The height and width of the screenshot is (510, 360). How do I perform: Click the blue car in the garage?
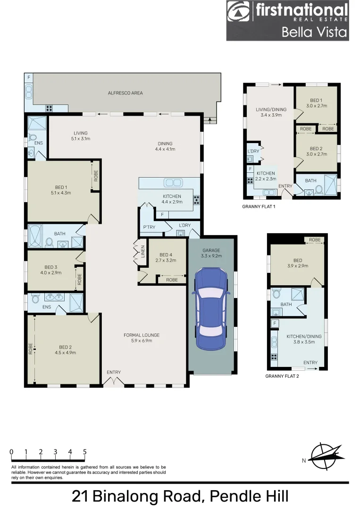(211, 309)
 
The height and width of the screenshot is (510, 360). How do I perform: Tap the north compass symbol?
(324, 457)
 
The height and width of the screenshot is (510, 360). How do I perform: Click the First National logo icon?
(240, 12)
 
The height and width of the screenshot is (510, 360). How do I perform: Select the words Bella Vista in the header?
(314, 32)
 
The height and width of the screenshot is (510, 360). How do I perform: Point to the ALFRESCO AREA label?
(125, 93)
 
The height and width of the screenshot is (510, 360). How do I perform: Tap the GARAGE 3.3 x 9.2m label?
(211, 254)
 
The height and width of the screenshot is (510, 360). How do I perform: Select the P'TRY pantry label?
(149, 228)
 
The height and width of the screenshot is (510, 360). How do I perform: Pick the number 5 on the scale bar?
(84, 452)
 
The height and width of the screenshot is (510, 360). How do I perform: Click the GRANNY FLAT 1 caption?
(258, 207)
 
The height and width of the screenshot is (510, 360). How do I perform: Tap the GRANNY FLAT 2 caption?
(282, 376)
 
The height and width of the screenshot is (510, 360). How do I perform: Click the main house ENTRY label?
(114, 372)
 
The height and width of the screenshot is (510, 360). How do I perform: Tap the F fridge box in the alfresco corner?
(28, 77)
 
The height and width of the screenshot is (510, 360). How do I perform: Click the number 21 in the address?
(81, 496)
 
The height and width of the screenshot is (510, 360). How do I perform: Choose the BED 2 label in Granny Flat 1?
(316, 151)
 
